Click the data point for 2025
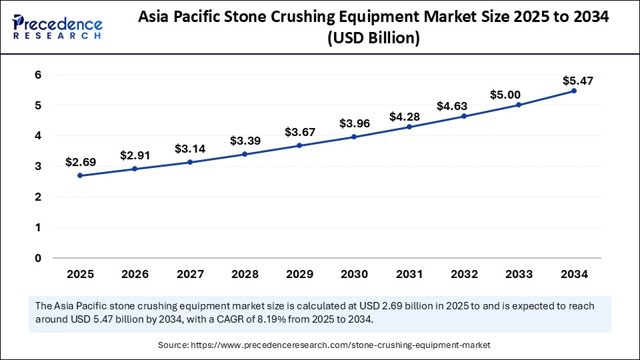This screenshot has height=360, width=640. (x=80, y=175)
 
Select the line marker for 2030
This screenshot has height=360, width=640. (x=354, y=137)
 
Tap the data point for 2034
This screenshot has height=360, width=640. (x=573, y=91)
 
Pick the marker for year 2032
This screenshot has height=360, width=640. (x=464, y=116)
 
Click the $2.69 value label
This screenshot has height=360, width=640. (x=80, y=162)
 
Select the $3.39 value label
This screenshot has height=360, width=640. (x=245, y=141)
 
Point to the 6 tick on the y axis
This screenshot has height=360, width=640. (x=38, y=75)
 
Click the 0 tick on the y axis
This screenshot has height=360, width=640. (x=38, y=258)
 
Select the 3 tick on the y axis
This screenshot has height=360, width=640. (x=38, y=167)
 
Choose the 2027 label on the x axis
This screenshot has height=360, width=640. (x=190, y=274)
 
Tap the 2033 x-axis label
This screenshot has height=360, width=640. (x=519, y=274)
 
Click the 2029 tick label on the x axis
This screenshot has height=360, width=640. (x=299, y=274)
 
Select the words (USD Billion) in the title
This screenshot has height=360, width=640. (x=373, y=39)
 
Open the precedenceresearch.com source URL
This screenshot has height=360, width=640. (x=340, y=345)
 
